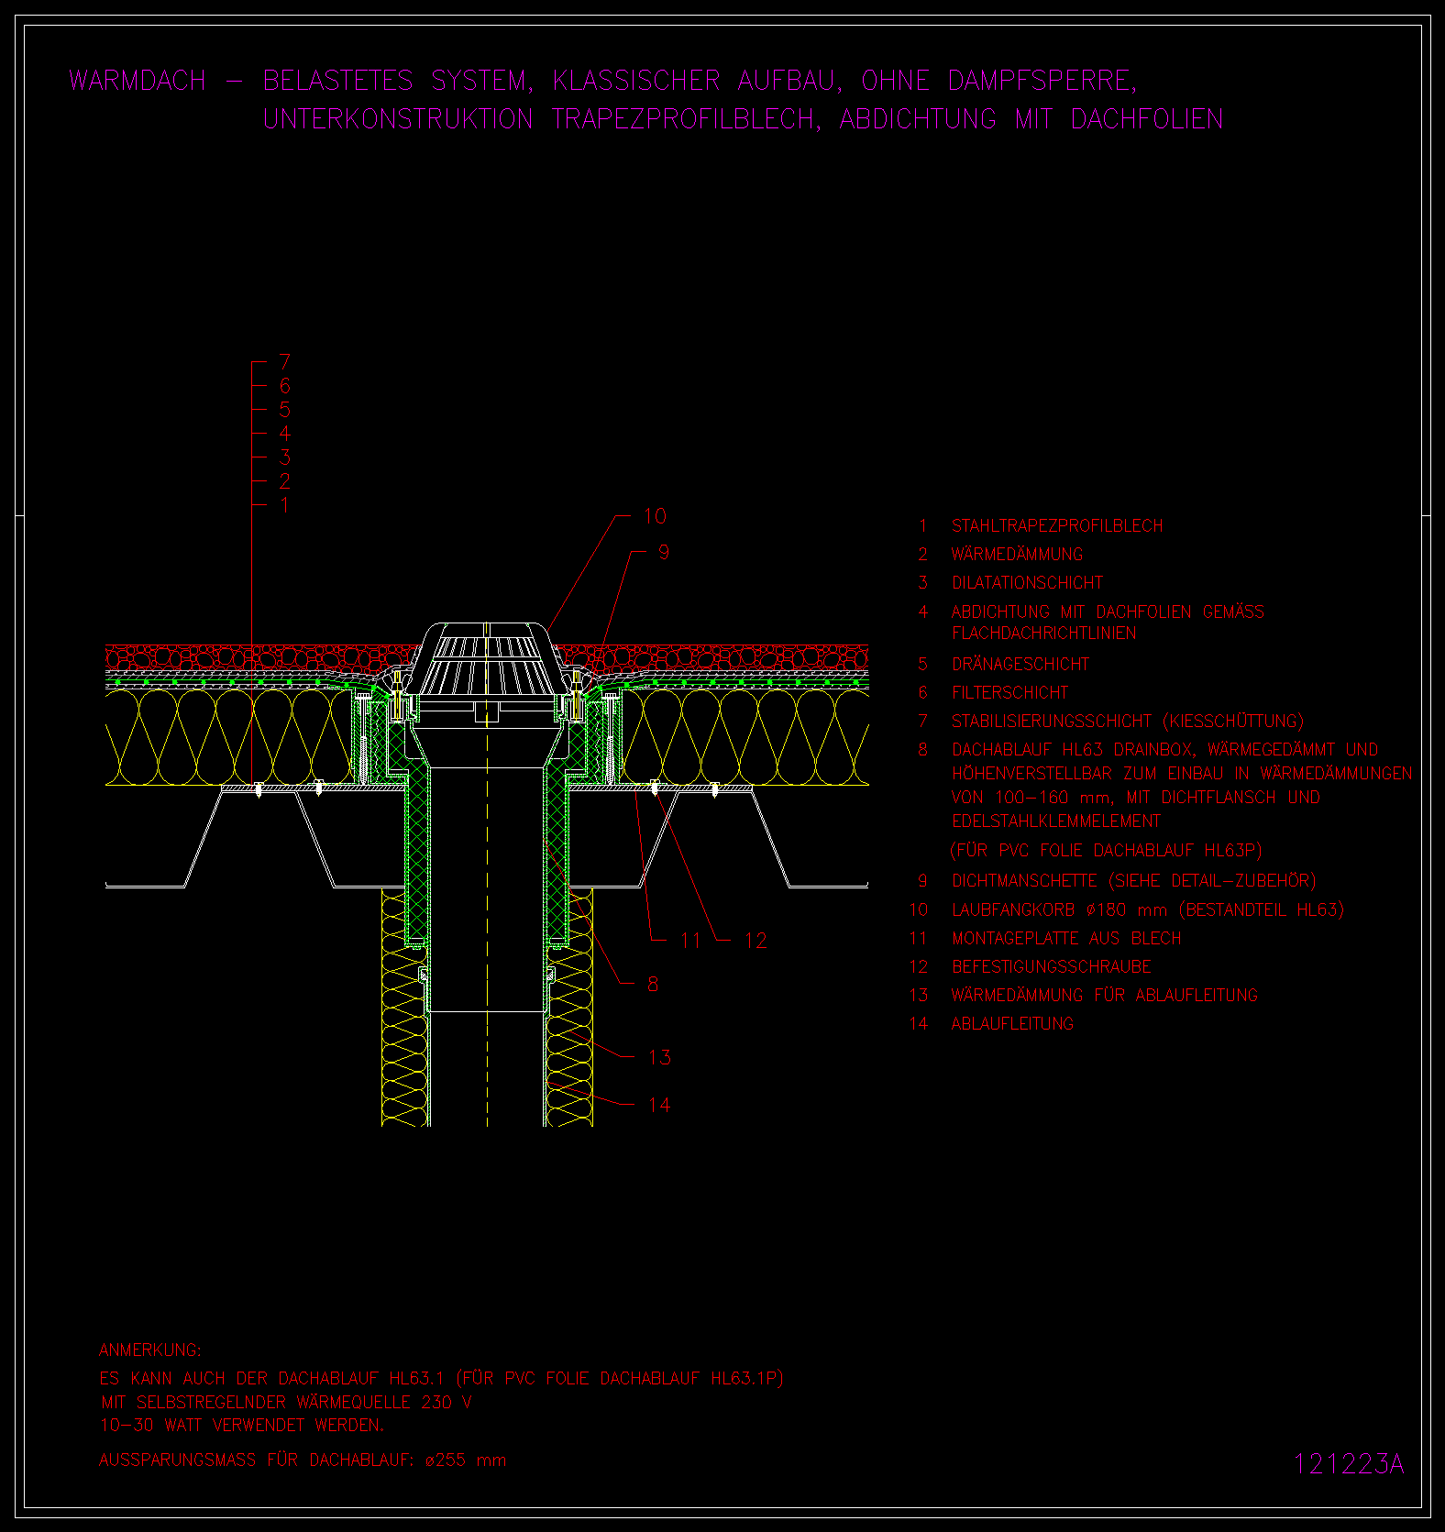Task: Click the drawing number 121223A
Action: [x=1349, y=1464]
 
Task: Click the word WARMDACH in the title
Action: [x=138, y=81]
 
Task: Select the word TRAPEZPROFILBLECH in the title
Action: [x=684, y=119]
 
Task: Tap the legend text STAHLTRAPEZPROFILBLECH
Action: [x=1057, y=525]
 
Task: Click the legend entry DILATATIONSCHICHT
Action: [x=1028, y=582]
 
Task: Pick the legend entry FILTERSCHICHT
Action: [x=1010, y=692]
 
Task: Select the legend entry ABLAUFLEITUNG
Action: [x=1012, y=1023]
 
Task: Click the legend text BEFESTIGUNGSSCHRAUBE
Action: [x=1052, y=966]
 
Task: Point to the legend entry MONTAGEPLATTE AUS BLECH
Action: [x=1066, y=938]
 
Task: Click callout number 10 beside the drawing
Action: [x=655, y=516]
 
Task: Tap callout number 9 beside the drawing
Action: [x=664, y=552]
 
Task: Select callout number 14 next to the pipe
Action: [x=659, y=1105]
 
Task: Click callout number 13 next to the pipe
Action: [x=659, y=1057]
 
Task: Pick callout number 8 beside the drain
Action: [x=653, y=984]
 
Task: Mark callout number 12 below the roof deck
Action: [x=756, y=940]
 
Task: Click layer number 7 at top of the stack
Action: [x=284, y=362]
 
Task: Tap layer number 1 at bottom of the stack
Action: [x=284, y=505]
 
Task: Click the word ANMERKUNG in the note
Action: [x=149, y=1350]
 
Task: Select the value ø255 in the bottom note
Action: [x=446, y=1460]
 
